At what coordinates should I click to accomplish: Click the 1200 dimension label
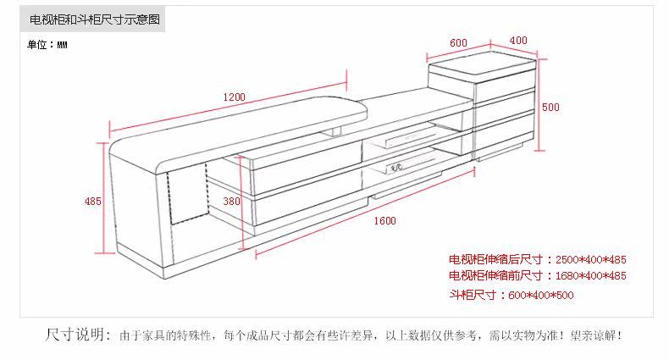(x=235, y=97)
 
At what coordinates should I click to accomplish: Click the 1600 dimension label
(x=384, y=221)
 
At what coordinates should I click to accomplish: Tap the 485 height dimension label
(x=92, y=201)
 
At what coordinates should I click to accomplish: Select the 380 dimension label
(x=231, y=201)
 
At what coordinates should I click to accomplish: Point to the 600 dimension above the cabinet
(x=458, y=42)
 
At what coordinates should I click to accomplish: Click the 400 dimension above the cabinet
(x=518, y=40)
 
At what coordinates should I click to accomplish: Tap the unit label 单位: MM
(x=47, y=45)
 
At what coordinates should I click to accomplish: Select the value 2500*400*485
(x=591, y=259)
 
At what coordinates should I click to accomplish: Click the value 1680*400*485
(x=591, y=276)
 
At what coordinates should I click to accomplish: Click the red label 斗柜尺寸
(x=473, y=295)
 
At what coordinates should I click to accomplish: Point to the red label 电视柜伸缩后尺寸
(x=495, y=259)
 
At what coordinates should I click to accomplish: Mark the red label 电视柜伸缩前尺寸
(x=495, y=276)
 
